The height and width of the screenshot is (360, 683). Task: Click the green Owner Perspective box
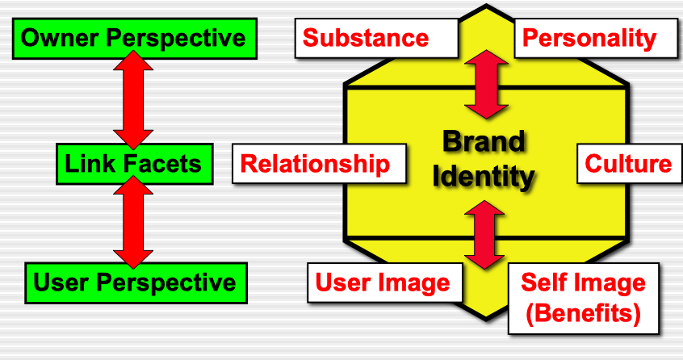[134, 38]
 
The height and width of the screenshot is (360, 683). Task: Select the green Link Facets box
[134, 165]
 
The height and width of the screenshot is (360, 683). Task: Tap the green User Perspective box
[134, 282]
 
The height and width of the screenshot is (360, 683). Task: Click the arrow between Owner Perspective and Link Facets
[133, 101]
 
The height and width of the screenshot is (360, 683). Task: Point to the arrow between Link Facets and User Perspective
[133, 224]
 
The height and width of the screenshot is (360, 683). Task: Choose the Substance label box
[365, 37]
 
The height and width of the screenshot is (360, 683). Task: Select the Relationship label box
[316, 164]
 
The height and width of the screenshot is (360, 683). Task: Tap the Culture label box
[628, 164]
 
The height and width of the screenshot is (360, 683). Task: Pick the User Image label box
[383, 283]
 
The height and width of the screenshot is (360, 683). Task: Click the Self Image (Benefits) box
[583, 298]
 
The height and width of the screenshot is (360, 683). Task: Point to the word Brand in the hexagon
[484, 143]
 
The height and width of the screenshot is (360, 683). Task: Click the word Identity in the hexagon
[484, 176]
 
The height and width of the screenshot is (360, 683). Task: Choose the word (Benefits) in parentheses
[583, 313]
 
